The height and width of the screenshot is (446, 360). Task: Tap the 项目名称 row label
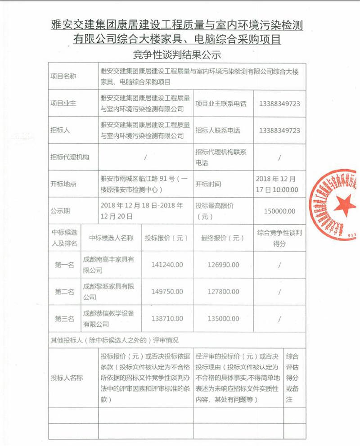point(63,76)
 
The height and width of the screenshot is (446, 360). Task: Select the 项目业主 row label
point(63,104)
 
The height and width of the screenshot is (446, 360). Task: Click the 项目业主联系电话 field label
point(221,104)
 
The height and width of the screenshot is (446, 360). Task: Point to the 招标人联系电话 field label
point(218,131)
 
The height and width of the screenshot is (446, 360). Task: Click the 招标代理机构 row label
point(70,157)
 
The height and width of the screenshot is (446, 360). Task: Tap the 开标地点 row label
point(63,184)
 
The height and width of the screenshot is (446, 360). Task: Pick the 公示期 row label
point(60,211)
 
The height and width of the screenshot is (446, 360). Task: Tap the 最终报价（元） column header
point(223,238)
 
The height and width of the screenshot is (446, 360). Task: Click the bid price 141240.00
point(167,265)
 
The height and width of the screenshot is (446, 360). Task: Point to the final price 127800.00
point(223,292)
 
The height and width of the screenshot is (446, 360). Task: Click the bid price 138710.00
point(167,319)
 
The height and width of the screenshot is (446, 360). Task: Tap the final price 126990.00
point(223,265)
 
